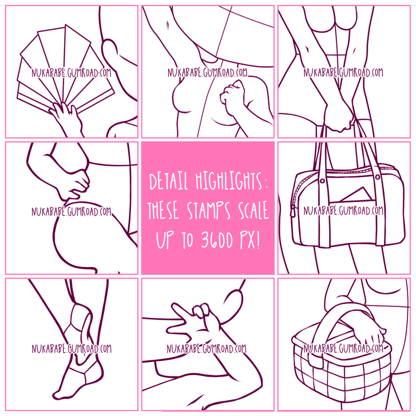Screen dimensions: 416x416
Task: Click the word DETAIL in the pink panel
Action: click(x=168, y=181)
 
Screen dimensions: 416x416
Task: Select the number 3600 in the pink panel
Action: click(x=217, y=240)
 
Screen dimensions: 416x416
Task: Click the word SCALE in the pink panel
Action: click(x=253, y=210)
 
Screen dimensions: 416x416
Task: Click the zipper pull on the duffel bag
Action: click(x=293, y=212)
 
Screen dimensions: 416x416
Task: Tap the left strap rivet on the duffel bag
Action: click(x=322, y=181)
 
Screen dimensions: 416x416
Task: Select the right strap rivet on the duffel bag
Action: click(x=377, y=177)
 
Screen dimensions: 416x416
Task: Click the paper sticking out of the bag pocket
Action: click(x=357, y=194)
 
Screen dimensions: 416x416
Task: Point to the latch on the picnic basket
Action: click(x=316, y=361)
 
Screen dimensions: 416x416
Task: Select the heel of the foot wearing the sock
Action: click(x=96, y=371)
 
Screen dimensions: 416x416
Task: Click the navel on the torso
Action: click(x=168, y=25)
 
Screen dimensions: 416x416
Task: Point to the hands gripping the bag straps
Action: click(x=339, y=118)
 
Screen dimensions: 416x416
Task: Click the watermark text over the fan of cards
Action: click(x=71, y=73)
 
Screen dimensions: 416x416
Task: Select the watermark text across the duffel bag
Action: click(x=343, y=211)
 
